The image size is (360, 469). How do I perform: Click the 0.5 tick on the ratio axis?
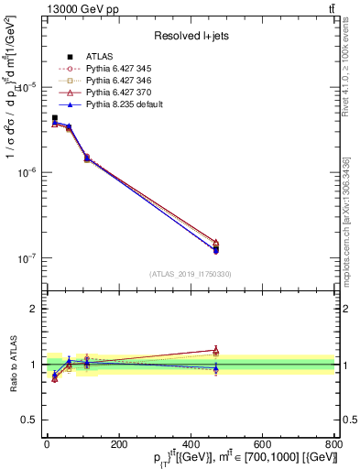(x=29, y=420)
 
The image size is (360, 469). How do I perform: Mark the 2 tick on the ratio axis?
(x=34, y=309)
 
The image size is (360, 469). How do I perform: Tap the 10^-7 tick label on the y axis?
(x=27, y=258)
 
